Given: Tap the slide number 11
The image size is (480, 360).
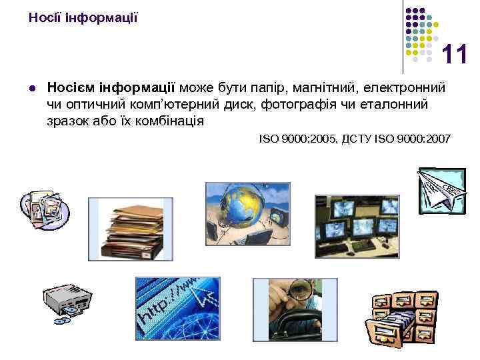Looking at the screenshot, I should pyautogui.click(x=455, y=55).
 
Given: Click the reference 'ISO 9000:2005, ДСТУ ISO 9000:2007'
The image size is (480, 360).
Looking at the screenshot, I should pyautogui.click(x=355, y=139).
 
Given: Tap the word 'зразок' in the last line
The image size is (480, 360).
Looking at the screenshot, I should pyautogui.click(x=67, y=121).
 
